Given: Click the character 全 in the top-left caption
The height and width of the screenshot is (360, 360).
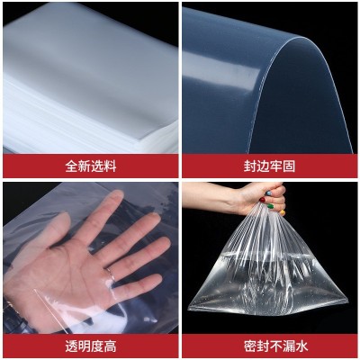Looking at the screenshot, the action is coord(71,166).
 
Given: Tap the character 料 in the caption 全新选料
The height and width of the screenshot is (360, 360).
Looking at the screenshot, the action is coord(110,166).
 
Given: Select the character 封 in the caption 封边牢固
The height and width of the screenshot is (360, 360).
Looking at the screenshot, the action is coord(250,166).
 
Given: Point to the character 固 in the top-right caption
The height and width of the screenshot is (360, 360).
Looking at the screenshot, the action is coord(289,166).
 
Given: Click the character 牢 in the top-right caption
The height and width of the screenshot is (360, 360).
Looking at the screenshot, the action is coord(275,166).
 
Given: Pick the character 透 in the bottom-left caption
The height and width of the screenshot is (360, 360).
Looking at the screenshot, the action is coord(71,346).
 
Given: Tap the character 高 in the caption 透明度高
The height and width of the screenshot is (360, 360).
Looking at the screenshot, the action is coord(110,346).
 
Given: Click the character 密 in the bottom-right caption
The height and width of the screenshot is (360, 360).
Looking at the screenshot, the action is coord(250,346).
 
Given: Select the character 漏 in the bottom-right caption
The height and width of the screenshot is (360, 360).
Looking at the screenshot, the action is coord(289,346).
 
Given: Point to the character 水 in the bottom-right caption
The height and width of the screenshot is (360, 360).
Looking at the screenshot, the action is coord(301,346).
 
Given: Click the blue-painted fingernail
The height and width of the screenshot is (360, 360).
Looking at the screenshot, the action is coord(269,193).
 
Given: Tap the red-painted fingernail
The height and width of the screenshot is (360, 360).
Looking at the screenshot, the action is coord(262,200).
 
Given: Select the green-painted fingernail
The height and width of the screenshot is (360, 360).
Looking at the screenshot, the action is coord(271,206).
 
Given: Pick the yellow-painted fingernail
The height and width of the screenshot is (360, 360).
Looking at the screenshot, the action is coord(283,212).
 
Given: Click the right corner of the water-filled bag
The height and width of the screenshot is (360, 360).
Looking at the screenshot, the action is coord(346,299).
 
